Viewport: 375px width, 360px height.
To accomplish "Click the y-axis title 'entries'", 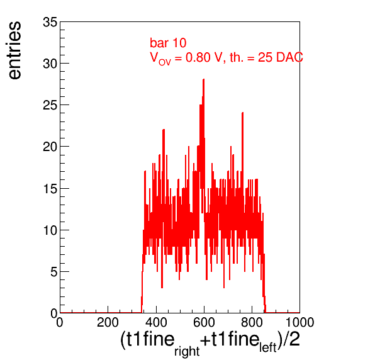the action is [x=15, y=50].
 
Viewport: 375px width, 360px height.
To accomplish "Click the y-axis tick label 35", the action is [x=50, y=23].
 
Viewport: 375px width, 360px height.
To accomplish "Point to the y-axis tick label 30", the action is [x=50, y=64].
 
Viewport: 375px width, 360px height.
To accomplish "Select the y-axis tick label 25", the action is [x=50, y=105].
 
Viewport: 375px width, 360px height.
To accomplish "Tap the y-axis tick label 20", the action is [x=50, y=147].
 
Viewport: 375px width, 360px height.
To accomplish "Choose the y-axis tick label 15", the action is [x=50, y=189].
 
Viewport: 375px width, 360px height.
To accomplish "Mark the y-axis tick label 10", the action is [x=50, y=230].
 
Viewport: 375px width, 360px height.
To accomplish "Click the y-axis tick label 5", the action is [x=54, y=272].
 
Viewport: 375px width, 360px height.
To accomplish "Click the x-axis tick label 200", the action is [x=108, y=322].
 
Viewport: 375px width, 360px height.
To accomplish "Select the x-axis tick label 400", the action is [x=156, y=322].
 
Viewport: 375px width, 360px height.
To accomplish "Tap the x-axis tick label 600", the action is [x=204, y=322].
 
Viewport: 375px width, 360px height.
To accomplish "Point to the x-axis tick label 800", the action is [x=252, y=322].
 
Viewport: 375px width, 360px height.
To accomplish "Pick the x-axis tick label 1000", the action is [x=300, y=322].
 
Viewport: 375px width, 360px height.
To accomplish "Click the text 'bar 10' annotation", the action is [x=168, y=43].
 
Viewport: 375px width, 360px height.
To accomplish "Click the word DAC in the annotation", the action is [x=289, y=57].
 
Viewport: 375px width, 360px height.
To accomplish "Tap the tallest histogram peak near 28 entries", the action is [x=203, y=79].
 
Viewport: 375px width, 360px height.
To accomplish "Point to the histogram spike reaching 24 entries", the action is [x=242, y=113].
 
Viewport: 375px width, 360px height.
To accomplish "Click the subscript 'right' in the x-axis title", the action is [x=187, y=351].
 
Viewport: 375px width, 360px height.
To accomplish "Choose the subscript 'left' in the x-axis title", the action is [x=268, y=347].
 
